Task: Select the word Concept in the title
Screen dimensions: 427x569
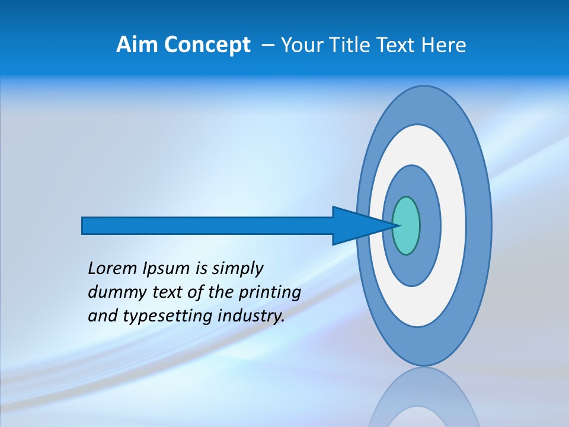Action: (x=206, y=46)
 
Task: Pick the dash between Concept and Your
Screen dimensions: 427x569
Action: (x=267, y=46)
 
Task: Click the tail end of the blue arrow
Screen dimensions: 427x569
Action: (x=87, y=225)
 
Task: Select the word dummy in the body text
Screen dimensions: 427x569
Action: (x=113, y=293)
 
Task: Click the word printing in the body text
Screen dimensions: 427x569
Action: (x=269, y=293)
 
